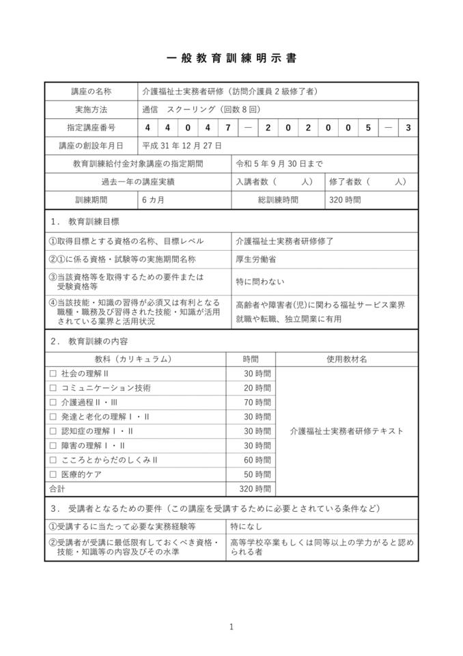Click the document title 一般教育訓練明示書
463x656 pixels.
[x=231, y=59]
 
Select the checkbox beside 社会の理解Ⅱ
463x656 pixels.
[x=53, y=374]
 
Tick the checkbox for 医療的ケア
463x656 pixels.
[x=53, y=474]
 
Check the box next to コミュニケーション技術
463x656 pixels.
[x=53, y=388]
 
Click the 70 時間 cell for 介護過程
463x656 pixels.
[x=257, y=402]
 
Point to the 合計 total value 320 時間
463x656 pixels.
[x=255, y=489]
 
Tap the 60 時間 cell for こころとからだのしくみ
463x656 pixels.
[x=257, y=460]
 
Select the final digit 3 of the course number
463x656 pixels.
[x=408, y=128]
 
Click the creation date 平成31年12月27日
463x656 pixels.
[x=182, y=146]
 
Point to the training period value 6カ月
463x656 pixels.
[x=154, y=200]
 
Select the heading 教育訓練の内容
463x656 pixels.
[x=98, y=340]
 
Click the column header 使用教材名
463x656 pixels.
[x=346, y=359]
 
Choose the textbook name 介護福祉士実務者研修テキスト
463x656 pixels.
[x=346, y=431]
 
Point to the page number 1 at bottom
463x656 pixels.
[x=231, y=627]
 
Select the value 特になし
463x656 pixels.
[x=247, y=526]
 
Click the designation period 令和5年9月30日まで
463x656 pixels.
[x=279, y=164]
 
